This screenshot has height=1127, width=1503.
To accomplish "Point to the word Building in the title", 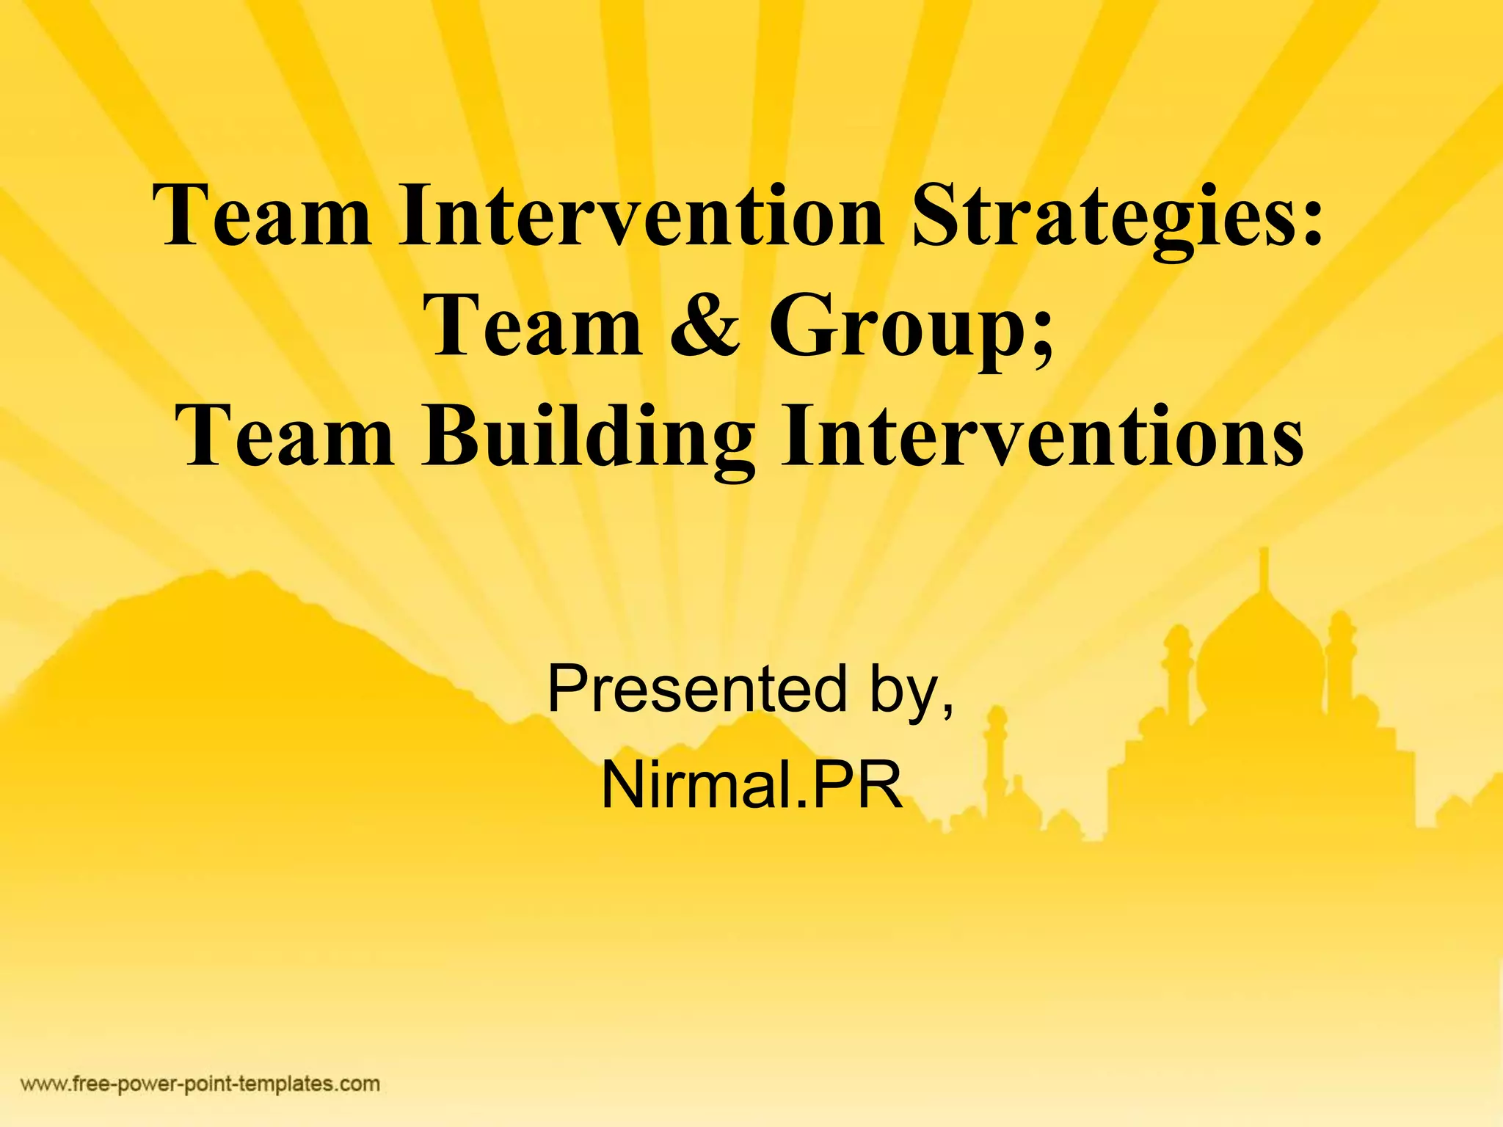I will [x=588, y=439].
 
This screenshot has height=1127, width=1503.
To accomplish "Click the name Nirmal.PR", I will [x=751, y=785].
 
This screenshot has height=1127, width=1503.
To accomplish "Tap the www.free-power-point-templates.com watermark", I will [x=200, y=1084].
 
